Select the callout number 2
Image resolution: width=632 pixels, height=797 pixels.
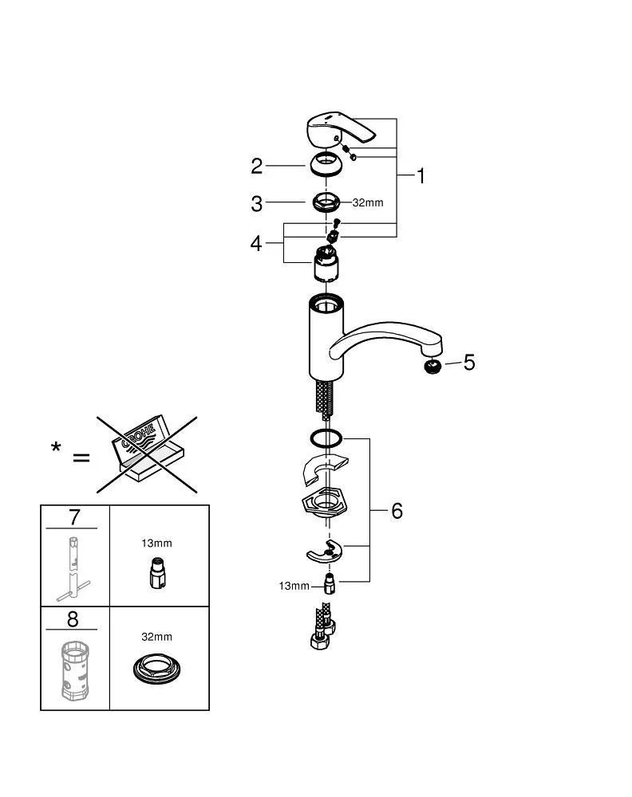[256, 166]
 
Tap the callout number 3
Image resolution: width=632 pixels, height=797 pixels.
[256, 204]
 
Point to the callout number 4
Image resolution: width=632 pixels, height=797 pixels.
[255, 243]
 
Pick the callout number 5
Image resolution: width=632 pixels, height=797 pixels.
[469, 363]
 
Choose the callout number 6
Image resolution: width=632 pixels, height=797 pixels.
[397, 511]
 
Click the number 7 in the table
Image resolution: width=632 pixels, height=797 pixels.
[74, 516]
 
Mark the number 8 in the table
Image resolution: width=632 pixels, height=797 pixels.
[74, 620]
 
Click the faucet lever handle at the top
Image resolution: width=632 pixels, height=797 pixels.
[338, 130]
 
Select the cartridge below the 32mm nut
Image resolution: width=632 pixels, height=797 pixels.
[328, 265]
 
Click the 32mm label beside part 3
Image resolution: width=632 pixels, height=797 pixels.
[368, 202]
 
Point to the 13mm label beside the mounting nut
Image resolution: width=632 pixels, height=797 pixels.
[294, 586]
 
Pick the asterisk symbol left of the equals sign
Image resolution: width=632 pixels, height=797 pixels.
[56, 447]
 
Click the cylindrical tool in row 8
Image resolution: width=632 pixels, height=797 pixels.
[73, 669]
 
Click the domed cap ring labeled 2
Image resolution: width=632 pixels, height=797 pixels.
[326, 167]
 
